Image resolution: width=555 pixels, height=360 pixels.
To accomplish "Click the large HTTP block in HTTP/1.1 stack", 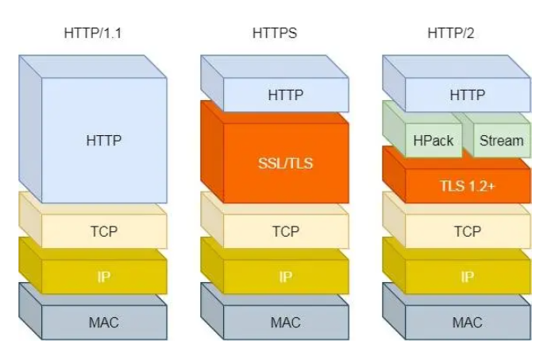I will [x=104, y=141].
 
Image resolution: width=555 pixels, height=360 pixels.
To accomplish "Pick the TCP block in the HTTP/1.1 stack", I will [x=104, y=231].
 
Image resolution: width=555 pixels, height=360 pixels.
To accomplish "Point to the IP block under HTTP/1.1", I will [x=104, y=277].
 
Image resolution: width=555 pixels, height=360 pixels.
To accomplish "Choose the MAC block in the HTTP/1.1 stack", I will [x=104, y=322].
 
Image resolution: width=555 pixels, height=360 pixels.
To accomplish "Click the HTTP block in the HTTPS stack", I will [x=286, y=95].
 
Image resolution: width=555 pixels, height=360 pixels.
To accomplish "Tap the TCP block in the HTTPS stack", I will [x=286, y=231].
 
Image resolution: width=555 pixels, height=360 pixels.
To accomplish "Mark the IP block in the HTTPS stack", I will [x=286, y=277].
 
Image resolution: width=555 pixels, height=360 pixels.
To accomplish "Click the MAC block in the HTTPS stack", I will [x=286, y=322].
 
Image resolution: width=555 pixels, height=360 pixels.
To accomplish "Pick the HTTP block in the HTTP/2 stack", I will [x=468, y=95].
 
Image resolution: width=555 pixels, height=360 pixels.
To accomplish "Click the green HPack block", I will [x=434, y=141].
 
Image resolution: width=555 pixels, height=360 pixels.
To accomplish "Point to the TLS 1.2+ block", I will [x=468, y=186].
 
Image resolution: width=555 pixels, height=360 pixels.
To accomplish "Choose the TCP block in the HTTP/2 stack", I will [x=468, y=231].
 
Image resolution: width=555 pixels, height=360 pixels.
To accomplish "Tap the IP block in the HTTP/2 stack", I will [x=468, y=277].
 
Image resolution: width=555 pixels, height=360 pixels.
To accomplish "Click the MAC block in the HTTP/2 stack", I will [x=468, y=322].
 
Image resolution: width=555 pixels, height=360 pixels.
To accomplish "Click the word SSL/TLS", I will [x=286, y=164].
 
